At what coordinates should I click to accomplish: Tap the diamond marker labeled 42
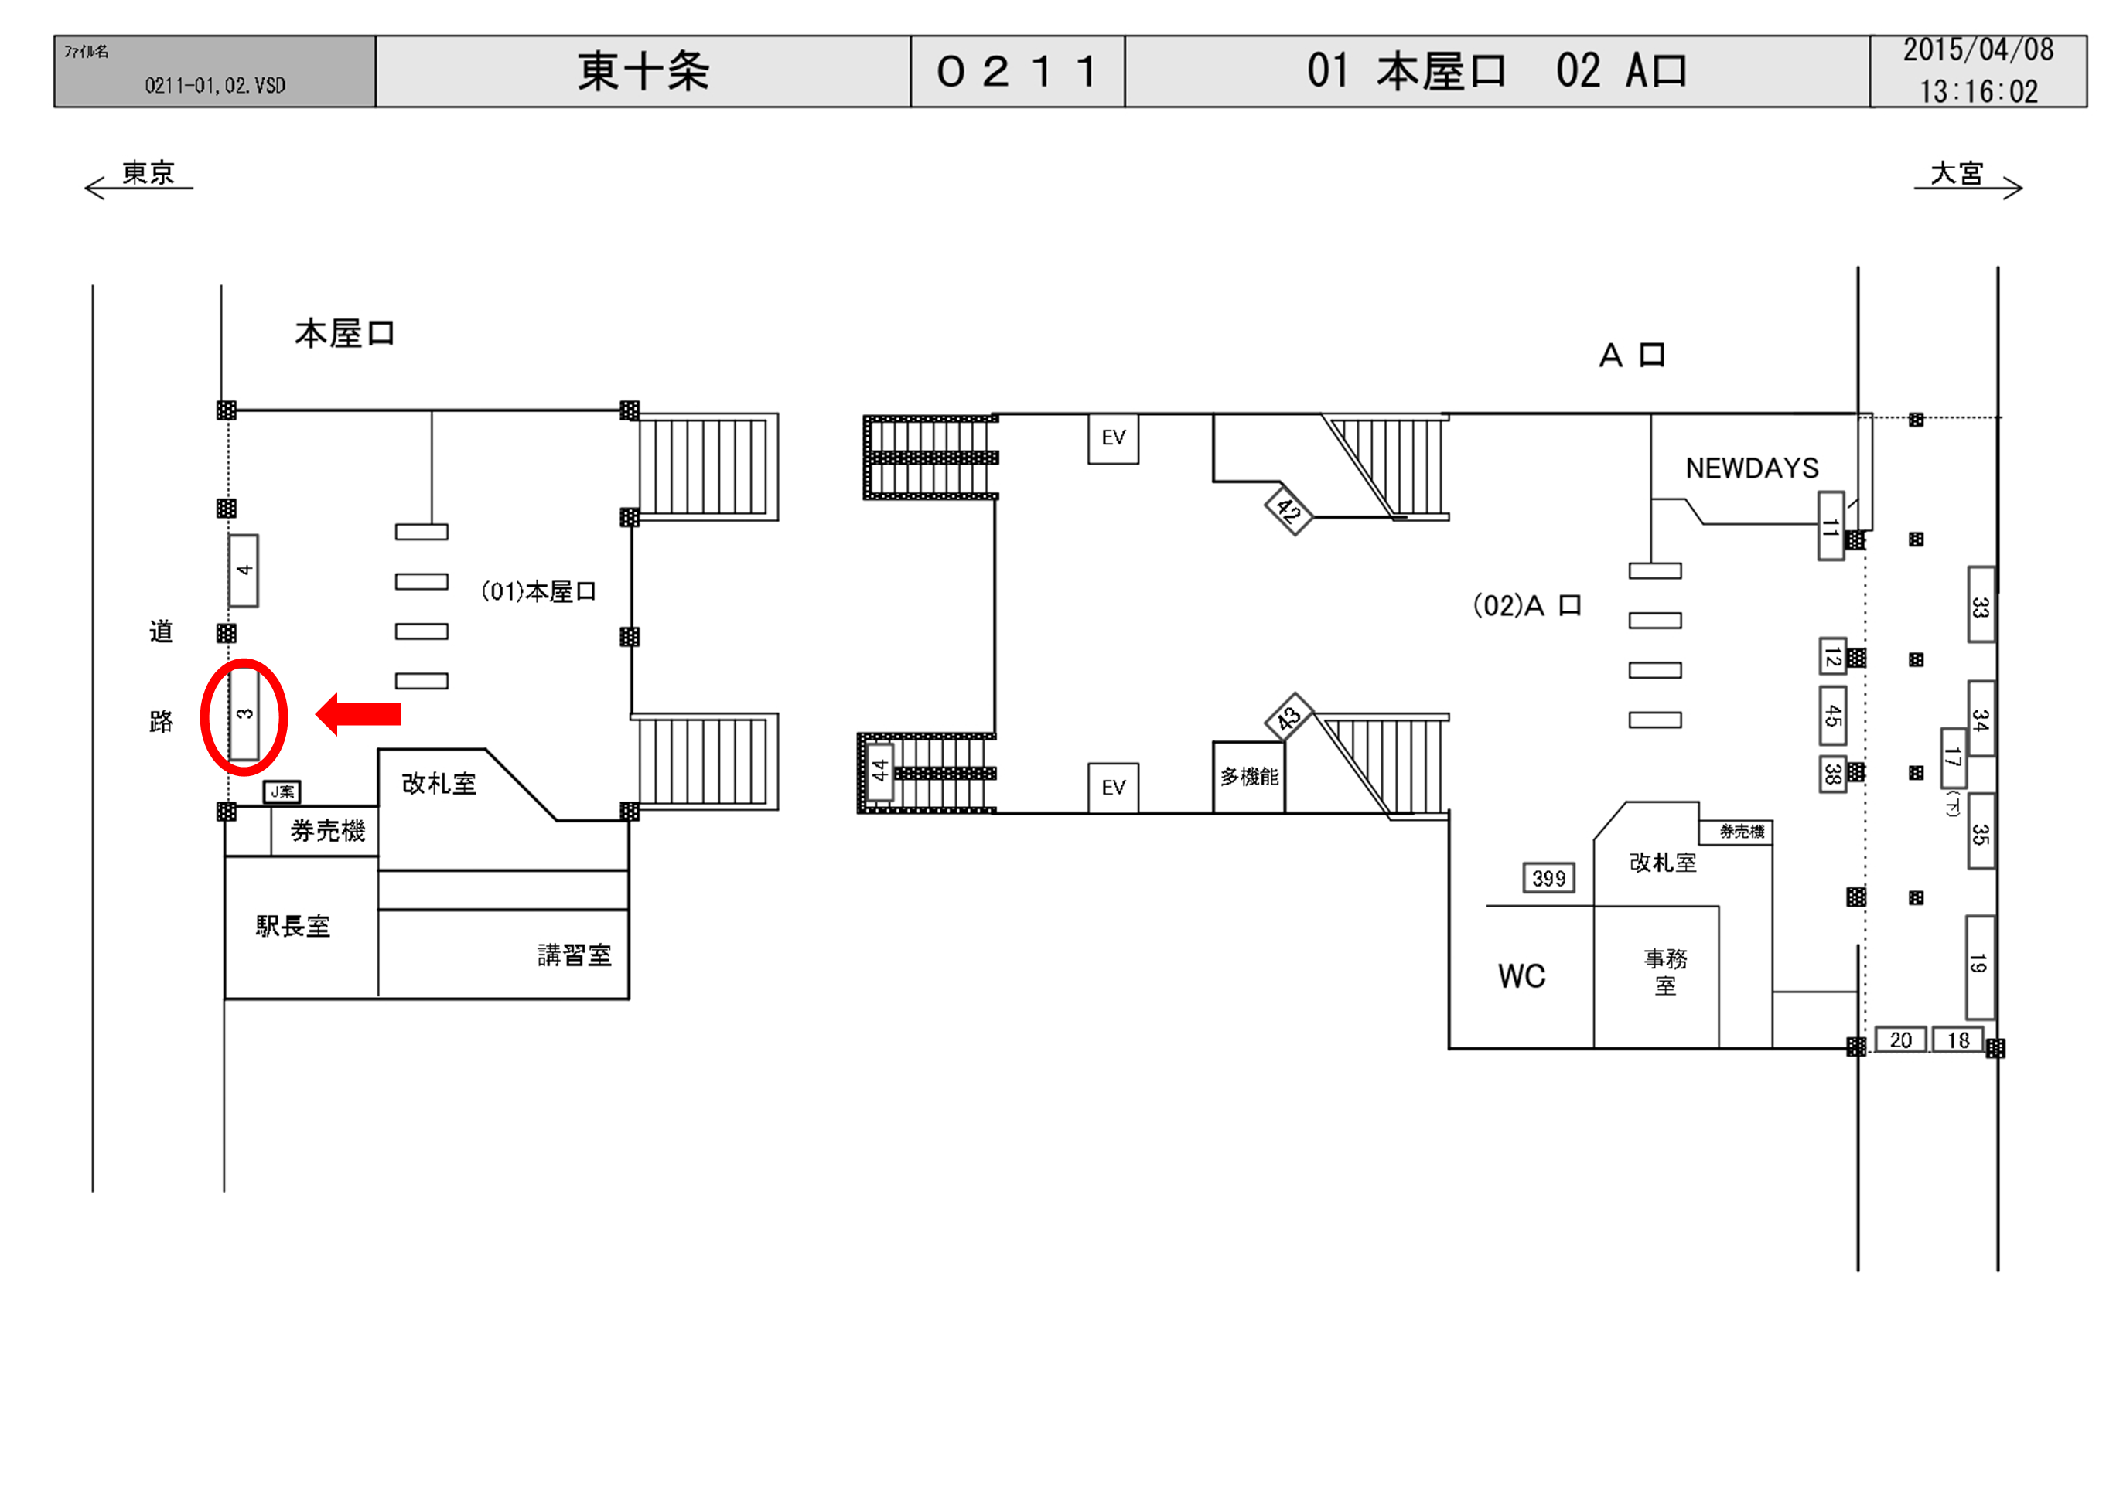click(x=1288, y=509)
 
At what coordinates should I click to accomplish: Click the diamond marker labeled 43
click(x=1289, y=716)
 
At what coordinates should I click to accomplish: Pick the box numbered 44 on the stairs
click(x=879, y=770)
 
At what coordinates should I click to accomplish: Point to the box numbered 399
click(x=1549, y=878)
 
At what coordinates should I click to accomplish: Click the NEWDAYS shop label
click(x=1753, y=468)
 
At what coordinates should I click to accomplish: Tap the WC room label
click(x=1522, y=976)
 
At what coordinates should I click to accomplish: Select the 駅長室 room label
click(x=293, y=926)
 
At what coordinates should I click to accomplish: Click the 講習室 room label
click(x=574, y=955)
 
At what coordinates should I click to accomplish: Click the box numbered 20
click(x=1900, y=1040)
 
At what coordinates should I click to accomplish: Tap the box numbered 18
click(x=1957, y=1040)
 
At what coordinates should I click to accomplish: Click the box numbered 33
click(x=1980, y=605)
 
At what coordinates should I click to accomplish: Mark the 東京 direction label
click(x=148, y=173)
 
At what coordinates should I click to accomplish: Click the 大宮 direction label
click(x=1957, y=173)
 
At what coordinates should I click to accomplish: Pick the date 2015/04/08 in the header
click(x=1978, y=51)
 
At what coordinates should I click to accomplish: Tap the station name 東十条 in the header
click(x=643, y=72)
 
